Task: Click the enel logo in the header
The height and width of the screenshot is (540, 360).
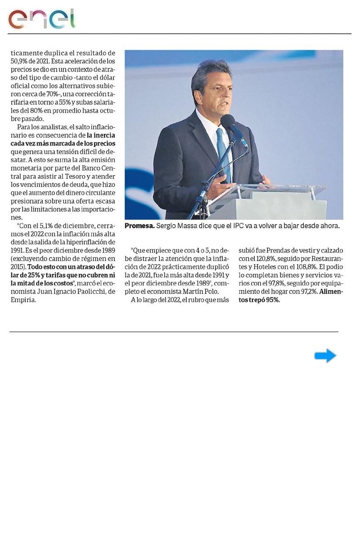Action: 41,19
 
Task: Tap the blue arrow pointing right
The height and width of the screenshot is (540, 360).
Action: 325,356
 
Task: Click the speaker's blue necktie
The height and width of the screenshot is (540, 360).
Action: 222,153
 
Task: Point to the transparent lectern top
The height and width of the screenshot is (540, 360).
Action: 279,191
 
